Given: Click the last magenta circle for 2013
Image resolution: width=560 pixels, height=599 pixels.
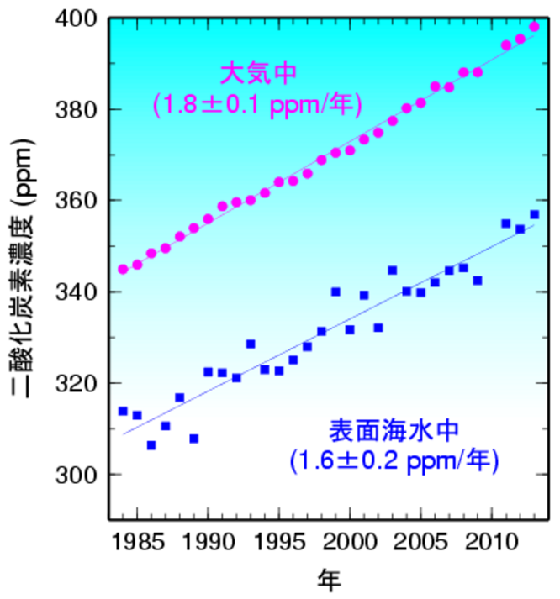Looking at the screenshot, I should (x=535, y=27).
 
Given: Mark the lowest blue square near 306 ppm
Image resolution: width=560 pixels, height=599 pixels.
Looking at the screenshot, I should (x=151, y=445).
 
